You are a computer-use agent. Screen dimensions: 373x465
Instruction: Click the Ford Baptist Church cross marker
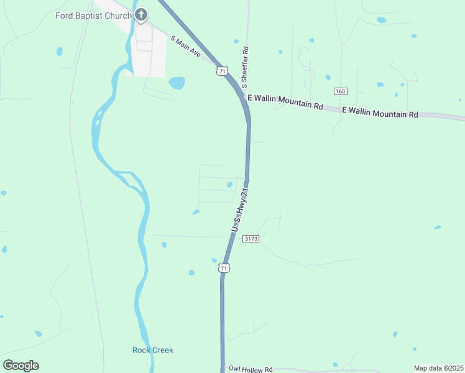click(141, 15)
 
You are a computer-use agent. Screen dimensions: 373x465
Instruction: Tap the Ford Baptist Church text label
click(93, 15)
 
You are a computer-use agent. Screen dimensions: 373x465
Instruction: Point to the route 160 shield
click(339, 91)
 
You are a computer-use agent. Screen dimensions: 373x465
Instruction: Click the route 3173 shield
click(251, 239)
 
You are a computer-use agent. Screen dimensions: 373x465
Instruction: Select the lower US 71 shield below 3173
click(224, 268)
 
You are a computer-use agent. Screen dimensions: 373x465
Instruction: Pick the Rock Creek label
click(152, 350)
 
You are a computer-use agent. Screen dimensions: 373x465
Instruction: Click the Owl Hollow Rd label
click(251, 369)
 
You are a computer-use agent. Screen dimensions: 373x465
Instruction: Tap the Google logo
click(21, 366)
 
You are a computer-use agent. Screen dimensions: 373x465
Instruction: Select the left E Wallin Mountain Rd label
click(285, 102)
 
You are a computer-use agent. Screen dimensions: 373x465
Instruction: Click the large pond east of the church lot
click(177, 83)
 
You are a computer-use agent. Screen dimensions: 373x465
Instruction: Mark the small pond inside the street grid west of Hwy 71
click(229, 184)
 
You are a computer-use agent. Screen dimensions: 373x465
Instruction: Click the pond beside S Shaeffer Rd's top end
click(236, 42)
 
